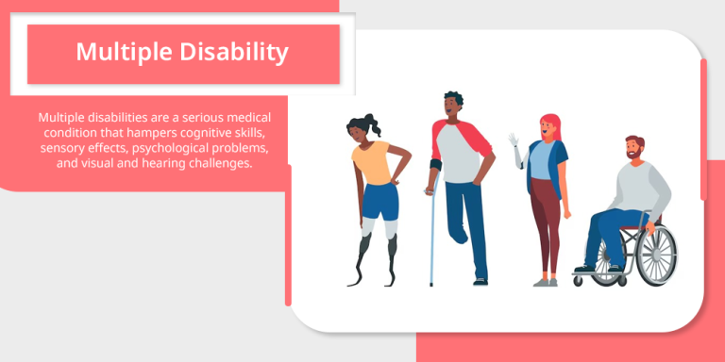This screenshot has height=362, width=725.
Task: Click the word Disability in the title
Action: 235,52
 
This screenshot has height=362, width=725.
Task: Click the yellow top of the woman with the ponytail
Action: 373,161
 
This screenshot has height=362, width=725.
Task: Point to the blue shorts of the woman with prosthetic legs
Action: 379,201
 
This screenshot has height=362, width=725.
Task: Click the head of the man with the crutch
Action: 453,106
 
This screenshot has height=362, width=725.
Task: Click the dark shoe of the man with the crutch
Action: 481,280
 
